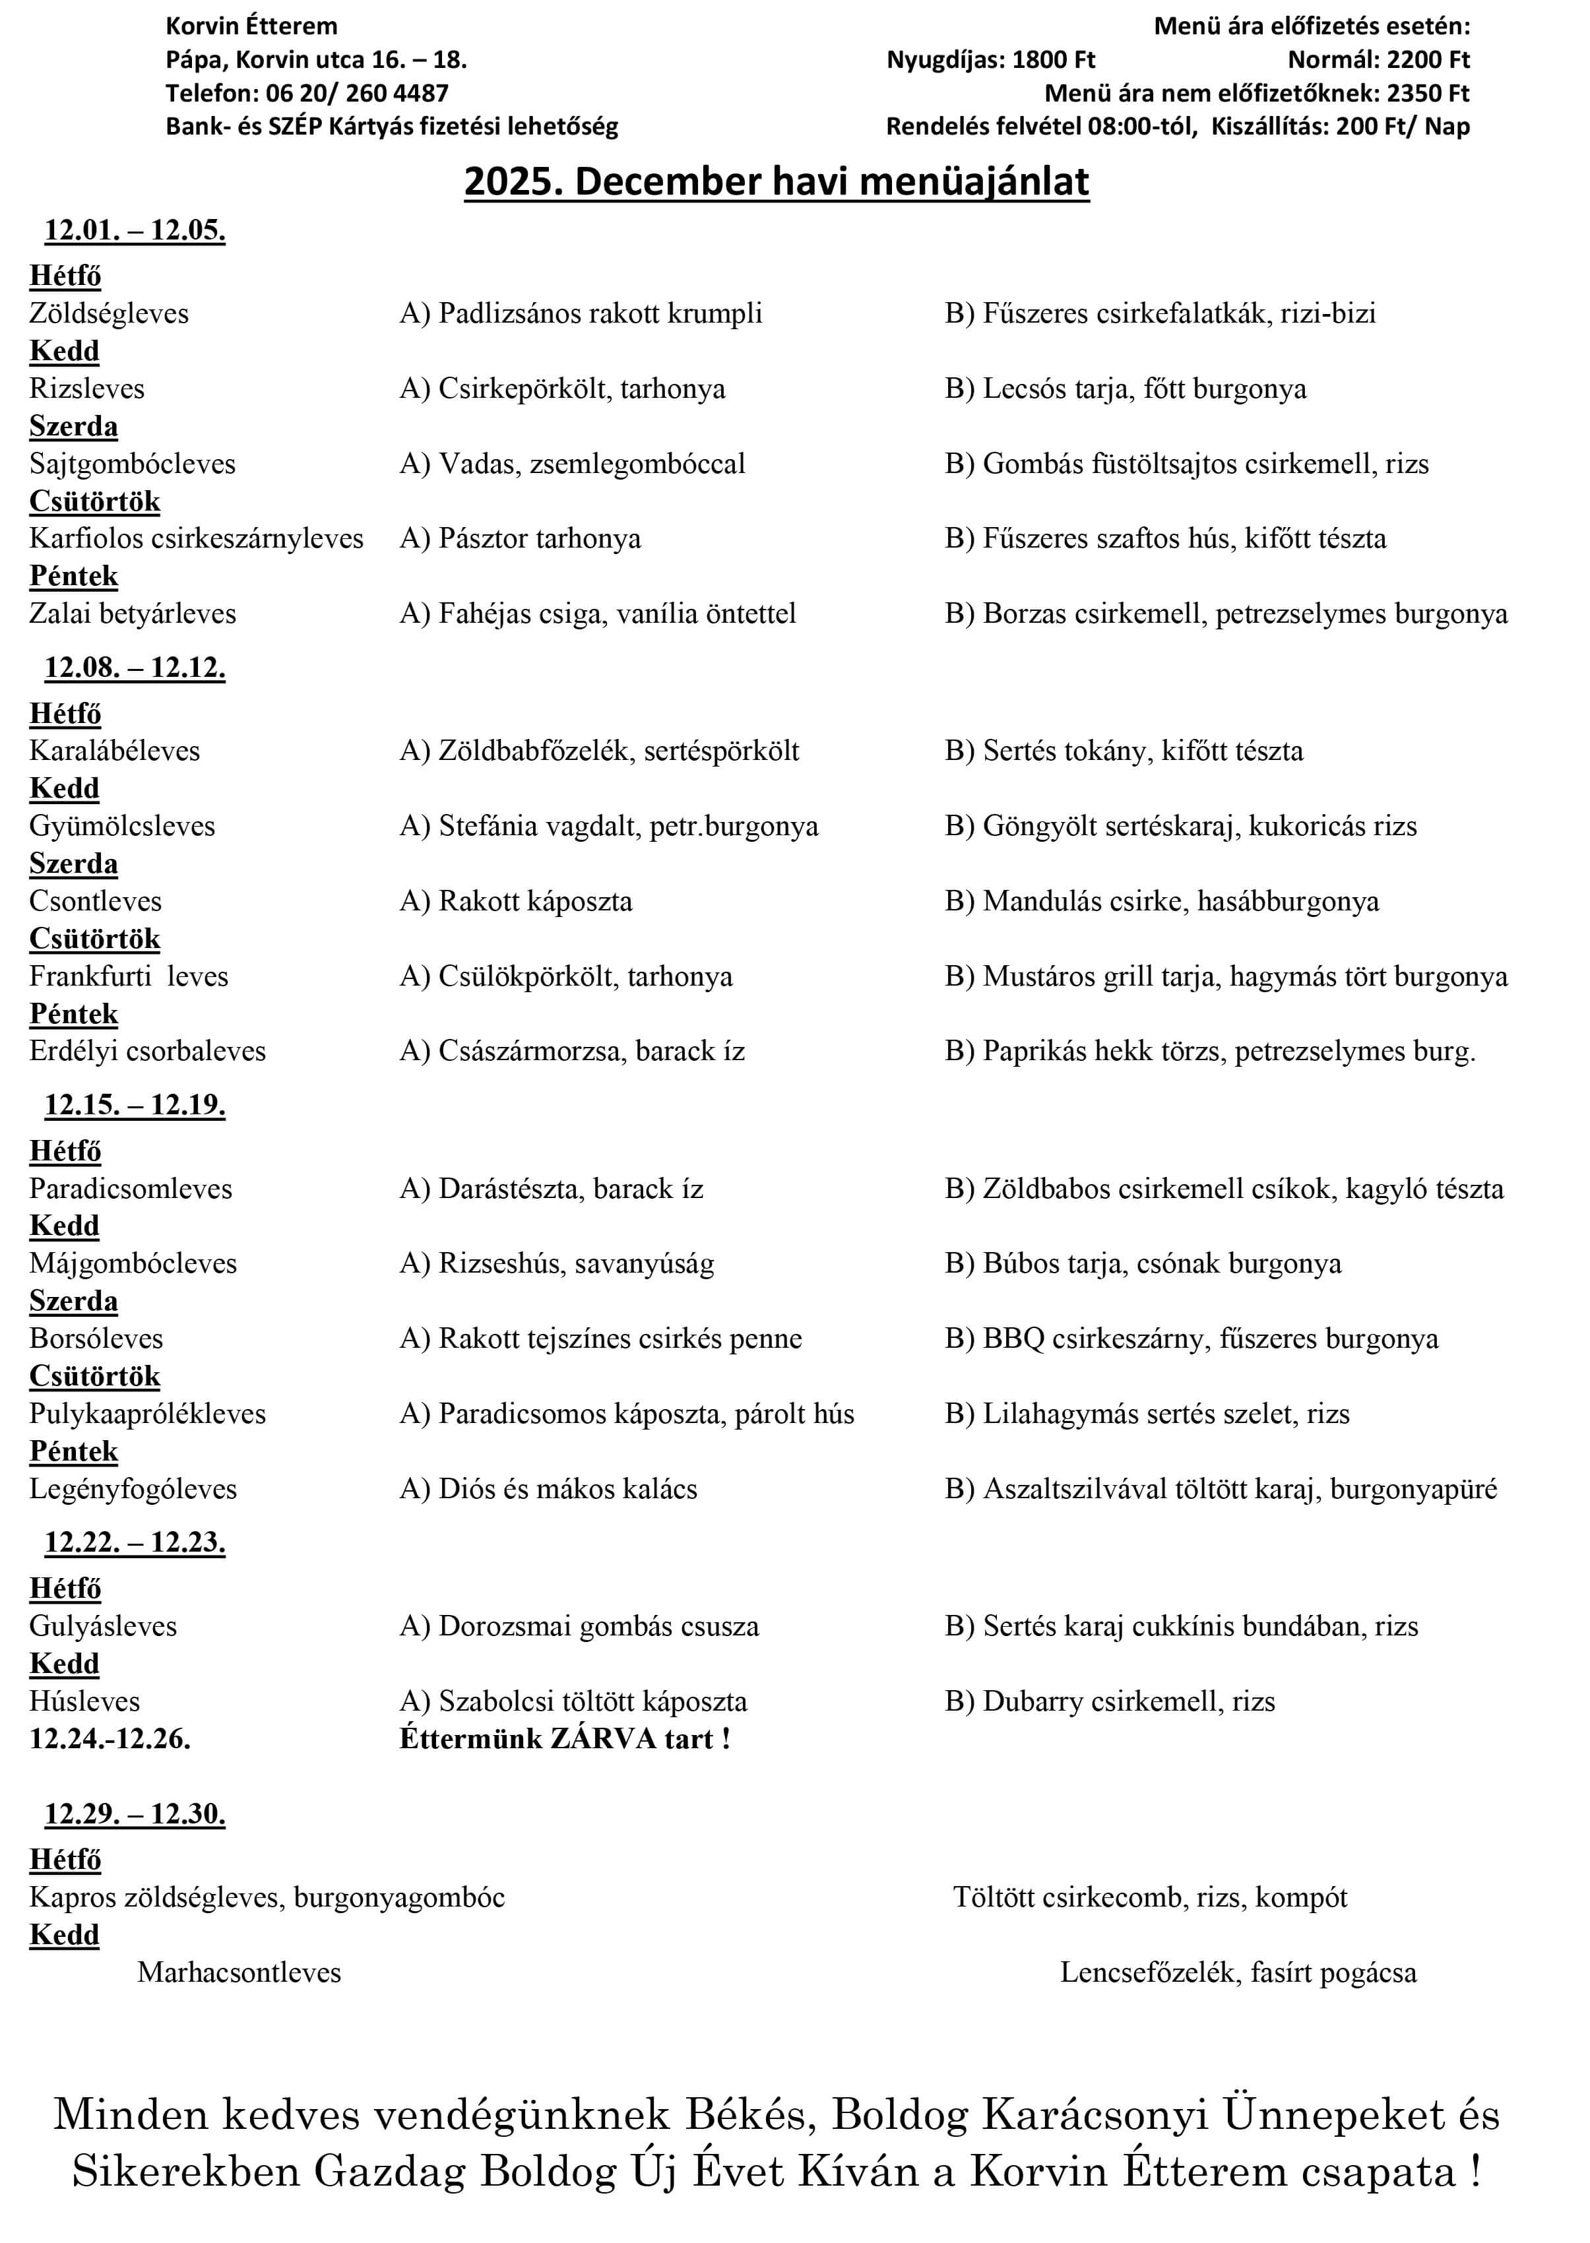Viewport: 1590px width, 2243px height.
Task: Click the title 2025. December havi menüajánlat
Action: click(x=777, y=182)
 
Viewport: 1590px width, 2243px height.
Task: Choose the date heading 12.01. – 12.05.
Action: click(x=135, y=230)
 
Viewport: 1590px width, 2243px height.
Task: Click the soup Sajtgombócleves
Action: click(x=132, y=463)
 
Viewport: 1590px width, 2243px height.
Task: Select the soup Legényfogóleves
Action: click(x=133, y=1488)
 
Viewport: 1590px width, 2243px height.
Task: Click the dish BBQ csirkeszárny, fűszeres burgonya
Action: click(x=1192, y=1339)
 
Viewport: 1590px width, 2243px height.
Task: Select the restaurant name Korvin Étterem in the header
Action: click(x=251, y=26)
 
